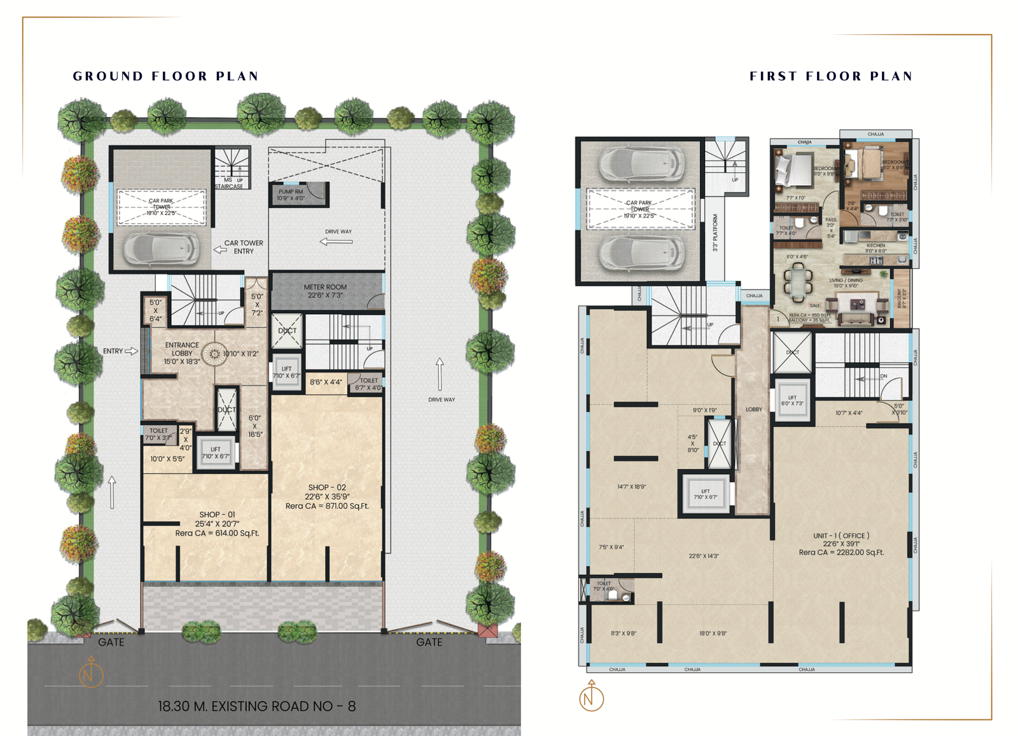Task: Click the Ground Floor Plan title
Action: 165,76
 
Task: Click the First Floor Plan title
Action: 831,76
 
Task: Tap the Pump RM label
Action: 291,195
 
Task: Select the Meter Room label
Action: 325,291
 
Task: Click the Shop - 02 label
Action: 327,496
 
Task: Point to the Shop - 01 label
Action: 217,524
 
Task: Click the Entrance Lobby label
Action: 182,353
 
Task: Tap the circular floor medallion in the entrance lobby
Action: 214,354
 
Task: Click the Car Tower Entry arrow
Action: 220,250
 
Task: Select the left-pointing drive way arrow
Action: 336,242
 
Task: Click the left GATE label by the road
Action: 111,642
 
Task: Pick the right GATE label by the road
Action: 429,642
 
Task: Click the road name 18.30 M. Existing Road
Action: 256,706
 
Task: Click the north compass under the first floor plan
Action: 591,697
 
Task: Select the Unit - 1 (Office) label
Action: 841,544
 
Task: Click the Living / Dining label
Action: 846,282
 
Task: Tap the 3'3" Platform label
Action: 715,232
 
